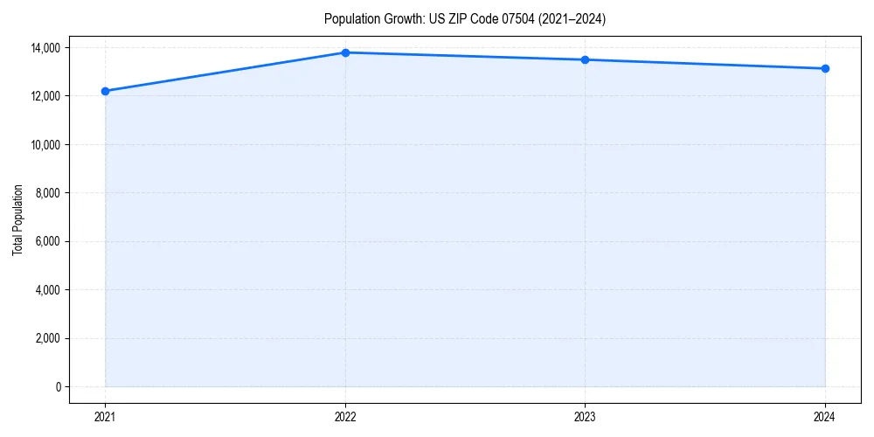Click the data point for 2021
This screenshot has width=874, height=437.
point(105,91)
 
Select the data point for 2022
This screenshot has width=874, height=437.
point(345,52)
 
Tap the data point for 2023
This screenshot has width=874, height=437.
point(585,59)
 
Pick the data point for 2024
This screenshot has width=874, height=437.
point(825,68)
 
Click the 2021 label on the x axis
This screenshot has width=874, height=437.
point(105,417)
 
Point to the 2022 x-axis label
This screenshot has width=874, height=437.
point(345,417)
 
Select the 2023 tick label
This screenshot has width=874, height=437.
point(585,417)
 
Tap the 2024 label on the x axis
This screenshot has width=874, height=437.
point(825,417)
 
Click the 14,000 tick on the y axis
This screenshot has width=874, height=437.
point(45,47)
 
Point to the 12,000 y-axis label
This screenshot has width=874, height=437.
point(45,95)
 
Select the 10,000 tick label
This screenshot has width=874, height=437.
point(45,144)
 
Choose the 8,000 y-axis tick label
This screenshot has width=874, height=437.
point(48,192)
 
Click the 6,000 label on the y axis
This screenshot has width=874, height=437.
point(48,241)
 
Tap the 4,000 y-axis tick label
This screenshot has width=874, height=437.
point(48,289)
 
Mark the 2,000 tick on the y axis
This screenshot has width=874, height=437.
point(48,338)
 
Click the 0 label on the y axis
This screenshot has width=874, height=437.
point(59,386)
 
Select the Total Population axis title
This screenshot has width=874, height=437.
point(17,219)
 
